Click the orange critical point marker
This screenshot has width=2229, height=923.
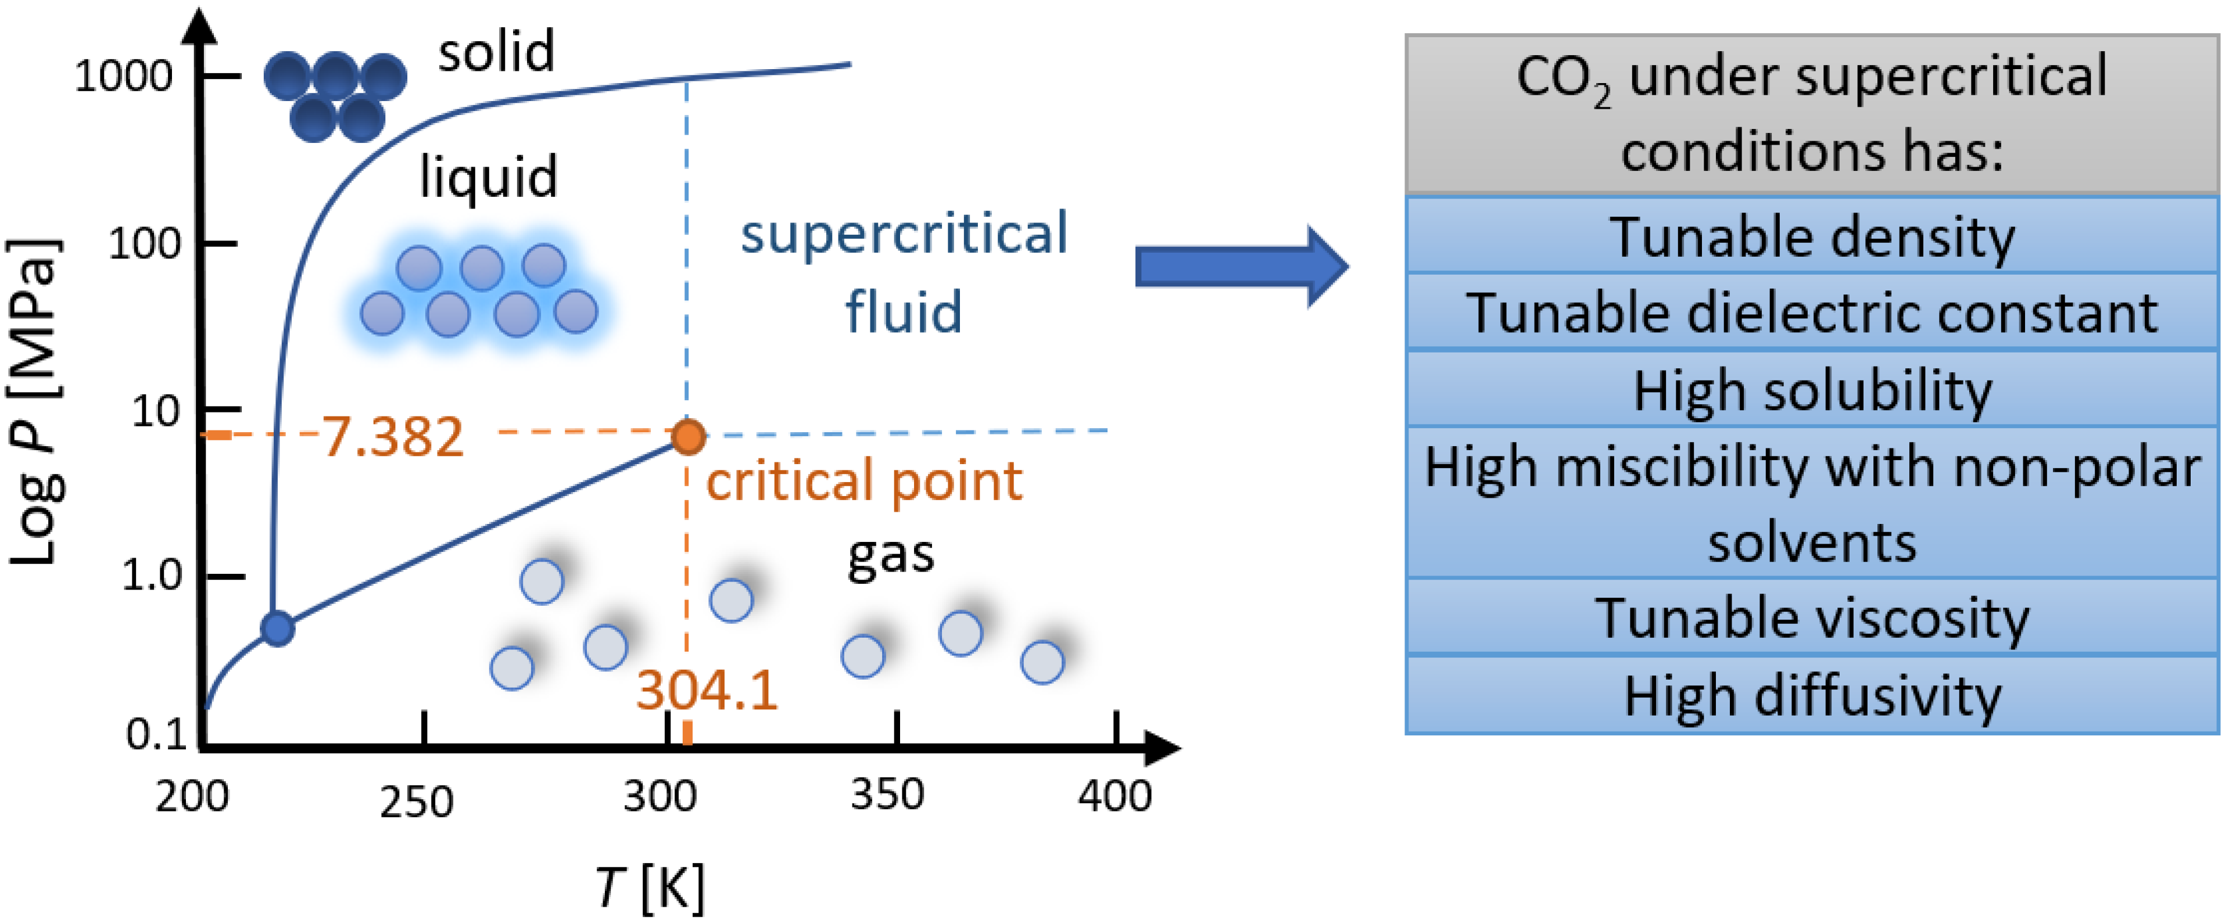pyautogui.click(x=689, y=436)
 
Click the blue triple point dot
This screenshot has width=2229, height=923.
pyautogui.click(x=277, y=628)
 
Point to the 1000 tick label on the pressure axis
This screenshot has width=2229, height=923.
pyautogui.click(x=124, y=77)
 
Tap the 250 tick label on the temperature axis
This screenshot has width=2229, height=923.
pyautogui.click(x=416, y=802)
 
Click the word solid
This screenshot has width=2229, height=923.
pyautogui.click(x=496, y=52)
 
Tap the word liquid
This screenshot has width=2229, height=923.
pyautogui.click(x=488, y=177)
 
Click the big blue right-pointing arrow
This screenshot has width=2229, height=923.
pyautogui.click(x=1241, y=267)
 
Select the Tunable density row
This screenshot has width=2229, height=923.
pyautogui.click(x=1811, y=236)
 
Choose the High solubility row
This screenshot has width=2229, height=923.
pyautogui.click(x=1811, y=390)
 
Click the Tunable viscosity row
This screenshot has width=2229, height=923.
pyautogui.click(x=1811, y=617)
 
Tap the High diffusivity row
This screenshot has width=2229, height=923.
pyautogui.click(x=1811, y=695)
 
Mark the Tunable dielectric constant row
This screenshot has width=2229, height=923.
pyautogui.click(x=1811, y=313)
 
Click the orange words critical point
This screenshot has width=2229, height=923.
pyautogui.click(x=863, y=481)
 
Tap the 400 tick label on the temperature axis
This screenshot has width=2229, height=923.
pyautogui.click(x=1114, y=795)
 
